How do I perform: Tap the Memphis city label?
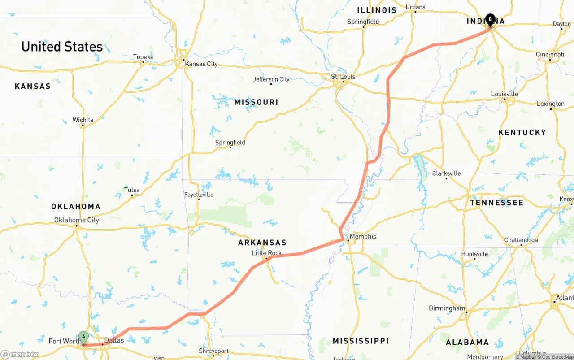363,236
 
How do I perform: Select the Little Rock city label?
267,253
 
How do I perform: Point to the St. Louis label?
343,77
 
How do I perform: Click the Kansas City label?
201,64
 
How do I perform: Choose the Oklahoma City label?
77,220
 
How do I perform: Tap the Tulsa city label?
132,190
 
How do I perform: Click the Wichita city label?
83,120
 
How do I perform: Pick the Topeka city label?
143,57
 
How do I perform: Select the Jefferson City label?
271,79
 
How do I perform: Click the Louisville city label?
504,94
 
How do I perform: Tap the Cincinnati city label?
550,55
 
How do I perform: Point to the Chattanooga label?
521,240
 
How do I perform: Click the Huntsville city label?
474,254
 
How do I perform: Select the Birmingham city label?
447,308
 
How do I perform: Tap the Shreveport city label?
214,351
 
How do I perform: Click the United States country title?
62,47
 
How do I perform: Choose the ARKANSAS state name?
262,243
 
